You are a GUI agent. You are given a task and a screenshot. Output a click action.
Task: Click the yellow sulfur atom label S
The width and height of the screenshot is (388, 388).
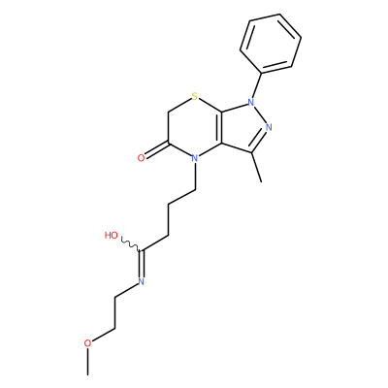coord(194,96)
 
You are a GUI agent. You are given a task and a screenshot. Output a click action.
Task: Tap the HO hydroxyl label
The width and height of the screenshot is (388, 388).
coord(112,236)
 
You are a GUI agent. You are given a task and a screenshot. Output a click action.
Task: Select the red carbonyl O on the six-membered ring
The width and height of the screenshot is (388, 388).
coord(141,158)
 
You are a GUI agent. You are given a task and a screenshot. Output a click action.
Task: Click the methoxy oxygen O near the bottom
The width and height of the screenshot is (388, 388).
coord(87,343)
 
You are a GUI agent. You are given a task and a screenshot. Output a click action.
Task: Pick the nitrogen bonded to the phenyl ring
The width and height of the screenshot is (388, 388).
coord(250,102)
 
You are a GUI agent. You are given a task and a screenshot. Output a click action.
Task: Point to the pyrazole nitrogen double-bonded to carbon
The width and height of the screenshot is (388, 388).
coord(269,127)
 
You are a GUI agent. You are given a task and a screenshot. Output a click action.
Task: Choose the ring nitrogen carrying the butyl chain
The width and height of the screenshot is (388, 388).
coord(194,158)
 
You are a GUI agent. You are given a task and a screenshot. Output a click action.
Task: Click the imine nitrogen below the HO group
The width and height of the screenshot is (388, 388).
coord(141,281)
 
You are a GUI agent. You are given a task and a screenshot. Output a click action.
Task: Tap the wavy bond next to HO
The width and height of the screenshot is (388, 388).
coord(131,244)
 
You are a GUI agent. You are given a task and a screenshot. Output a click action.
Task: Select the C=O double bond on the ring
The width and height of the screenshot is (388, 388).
coord(156,150)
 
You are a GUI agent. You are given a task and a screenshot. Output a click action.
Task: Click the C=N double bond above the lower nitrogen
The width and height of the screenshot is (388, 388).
coord(141,264)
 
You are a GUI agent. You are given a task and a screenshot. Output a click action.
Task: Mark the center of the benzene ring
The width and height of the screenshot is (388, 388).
coord(271,43)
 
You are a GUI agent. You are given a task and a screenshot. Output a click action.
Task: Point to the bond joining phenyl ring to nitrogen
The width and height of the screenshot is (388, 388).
coord(256,84)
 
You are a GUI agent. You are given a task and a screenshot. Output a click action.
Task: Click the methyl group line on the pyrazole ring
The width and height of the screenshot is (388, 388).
coord(257,167)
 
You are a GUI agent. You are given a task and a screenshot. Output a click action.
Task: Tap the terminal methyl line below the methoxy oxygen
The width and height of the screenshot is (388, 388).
coord(87,362)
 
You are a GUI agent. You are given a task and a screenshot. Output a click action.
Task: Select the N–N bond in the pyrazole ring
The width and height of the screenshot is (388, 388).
coord(259,114)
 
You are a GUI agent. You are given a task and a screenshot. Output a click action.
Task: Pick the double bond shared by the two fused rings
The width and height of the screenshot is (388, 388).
coord(222,127)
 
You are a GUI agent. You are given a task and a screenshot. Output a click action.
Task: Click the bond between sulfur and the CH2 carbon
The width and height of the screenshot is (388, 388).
coord(179,105)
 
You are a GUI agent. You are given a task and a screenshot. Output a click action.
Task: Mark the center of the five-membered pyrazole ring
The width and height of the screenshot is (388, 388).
coord(244,128)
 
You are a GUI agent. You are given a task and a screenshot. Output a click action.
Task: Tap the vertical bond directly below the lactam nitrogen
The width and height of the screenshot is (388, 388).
coord(195,177)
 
